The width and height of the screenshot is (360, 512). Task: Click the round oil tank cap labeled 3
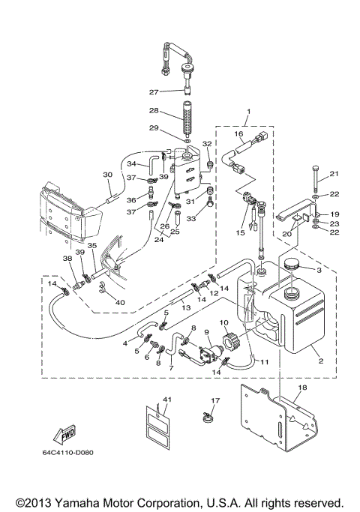(288, 266)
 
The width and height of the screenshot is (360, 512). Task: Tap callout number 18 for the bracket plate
(303, 388)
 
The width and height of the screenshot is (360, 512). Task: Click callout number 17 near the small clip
(214, 401)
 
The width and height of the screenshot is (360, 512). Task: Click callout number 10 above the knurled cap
(223, 322)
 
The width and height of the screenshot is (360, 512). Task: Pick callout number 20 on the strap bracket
(286, 235)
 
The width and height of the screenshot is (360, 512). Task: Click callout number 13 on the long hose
(182, 308)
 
